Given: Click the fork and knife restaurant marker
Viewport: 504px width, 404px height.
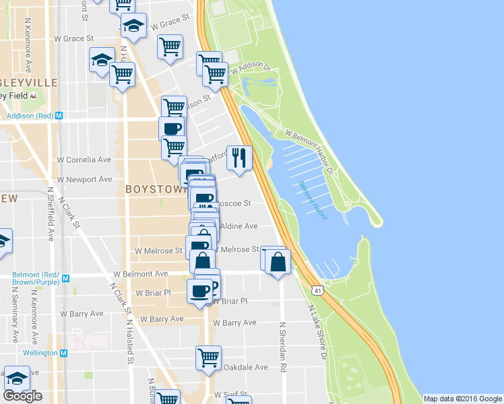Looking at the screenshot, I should click(239, 159).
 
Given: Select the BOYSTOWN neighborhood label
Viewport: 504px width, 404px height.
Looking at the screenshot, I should click(156, 190).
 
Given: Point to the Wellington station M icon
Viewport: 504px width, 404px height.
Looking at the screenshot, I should click(64, 353).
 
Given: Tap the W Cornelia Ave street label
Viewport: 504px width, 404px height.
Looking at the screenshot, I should click(84, 160).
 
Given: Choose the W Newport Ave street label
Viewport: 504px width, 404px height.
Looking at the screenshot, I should click(84, 180).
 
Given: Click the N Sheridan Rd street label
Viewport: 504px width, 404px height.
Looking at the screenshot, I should click(284, 347).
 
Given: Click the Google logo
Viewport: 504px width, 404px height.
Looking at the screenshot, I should click(22, 396).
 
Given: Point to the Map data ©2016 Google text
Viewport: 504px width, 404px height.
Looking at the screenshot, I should click(462, 399).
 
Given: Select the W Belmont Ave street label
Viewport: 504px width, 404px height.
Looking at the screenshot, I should click(140, 275).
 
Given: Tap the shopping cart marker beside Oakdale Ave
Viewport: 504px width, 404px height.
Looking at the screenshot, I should click(209, 358).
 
